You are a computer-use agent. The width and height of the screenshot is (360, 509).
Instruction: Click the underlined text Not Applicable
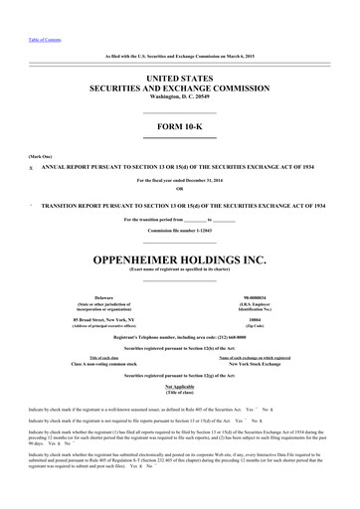click(x=179, y=358)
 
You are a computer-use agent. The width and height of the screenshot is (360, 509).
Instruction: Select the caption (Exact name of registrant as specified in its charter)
click(x=179, y=246)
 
